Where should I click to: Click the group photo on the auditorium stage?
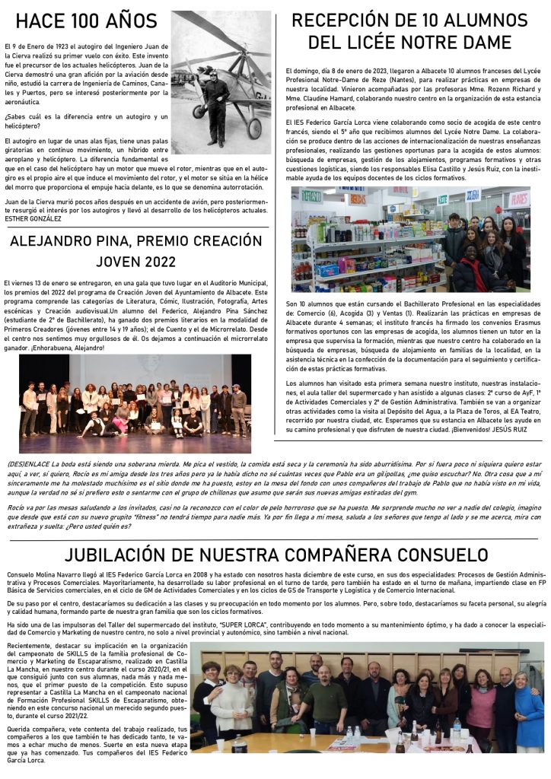pyautogui.click(x=135, y=403)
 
